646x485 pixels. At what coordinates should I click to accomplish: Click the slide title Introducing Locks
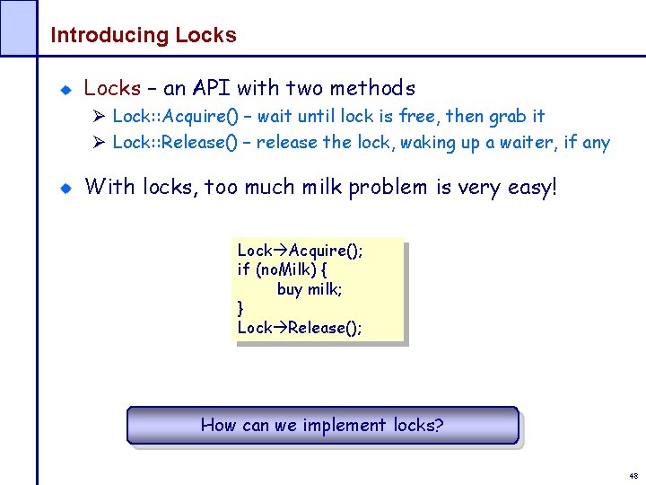[x=144, y=36]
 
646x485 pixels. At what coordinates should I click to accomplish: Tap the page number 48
[x=633, y=476]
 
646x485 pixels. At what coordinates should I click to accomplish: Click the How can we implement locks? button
[x=322, y=425]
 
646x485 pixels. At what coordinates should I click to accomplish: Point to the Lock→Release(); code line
[x=300, y=328]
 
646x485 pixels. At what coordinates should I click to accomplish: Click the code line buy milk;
[x=310, y=288]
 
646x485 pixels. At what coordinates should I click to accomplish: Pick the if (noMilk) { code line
[x=282, y=269]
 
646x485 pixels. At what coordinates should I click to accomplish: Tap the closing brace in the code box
[x=240, y=308]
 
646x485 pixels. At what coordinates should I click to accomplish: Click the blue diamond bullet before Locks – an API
[x=65, y=90]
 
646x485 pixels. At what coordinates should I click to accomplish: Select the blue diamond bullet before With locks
[x=65, y=189]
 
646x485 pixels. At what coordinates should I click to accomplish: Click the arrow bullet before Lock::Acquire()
[x=100, y=117]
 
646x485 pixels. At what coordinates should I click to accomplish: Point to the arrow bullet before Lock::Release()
[x=100, y=143]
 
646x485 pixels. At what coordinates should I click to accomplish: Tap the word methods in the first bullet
[x=372, y=88]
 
